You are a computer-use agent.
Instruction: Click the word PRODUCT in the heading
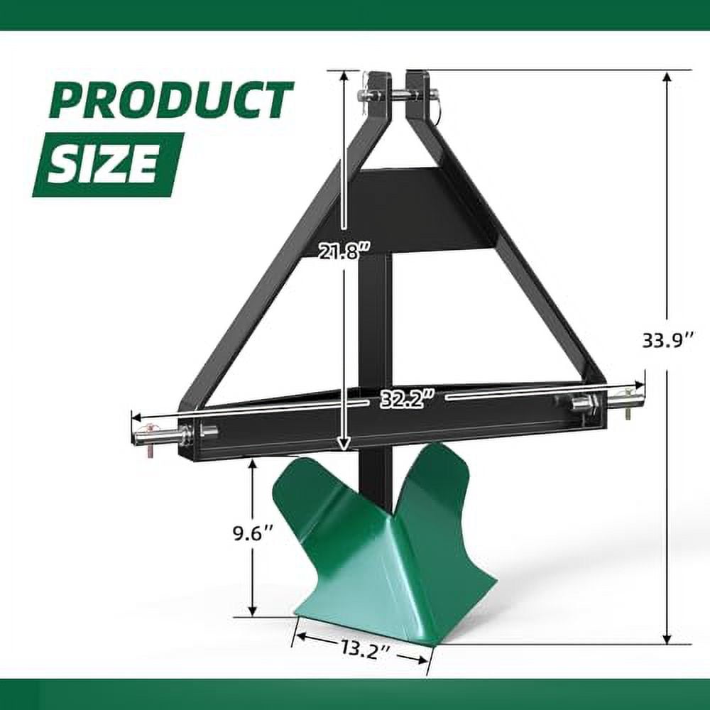click(171, 99)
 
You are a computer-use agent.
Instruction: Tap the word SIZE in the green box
click(108, 165)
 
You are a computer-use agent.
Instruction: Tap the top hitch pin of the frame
click(398, 94)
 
